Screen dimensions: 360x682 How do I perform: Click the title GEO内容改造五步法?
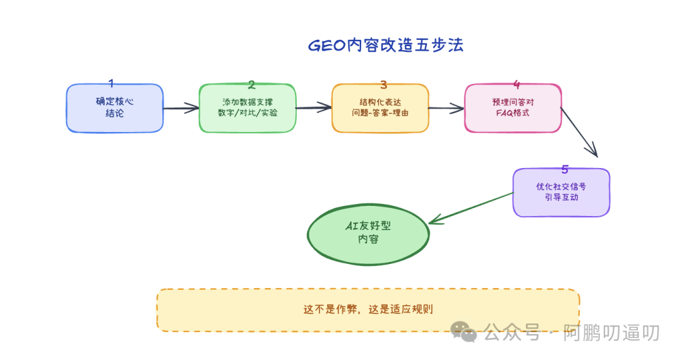[x=385, y=45]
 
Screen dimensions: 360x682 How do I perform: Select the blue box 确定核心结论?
[x=114, y=108]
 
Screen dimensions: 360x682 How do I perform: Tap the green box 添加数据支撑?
[x=247, y=108]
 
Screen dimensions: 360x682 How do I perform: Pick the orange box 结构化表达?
[x=380, y=108]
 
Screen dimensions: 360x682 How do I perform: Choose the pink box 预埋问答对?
[x=513, y=108]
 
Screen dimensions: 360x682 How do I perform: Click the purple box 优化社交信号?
[x=561, y=192]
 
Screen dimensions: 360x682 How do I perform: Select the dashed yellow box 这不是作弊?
[x=368, y=310]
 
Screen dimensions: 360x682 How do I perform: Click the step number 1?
[x=112, y=83]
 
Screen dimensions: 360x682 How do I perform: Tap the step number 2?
[x=251, y=84]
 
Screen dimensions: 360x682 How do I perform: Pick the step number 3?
[x=383, y=84]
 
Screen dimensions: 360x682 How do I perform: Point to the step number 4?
[x=517, y=84]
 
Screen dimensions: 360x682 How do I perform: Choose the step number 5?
[x=565, y=169]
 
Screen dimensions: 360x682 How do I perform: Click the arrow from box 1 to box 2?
[x=181, y=109]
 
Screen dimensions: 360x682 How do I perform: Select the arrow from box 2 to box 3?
[x=314, y=108]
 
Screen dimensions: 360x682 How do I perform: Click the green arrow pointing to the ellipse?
[x=471, y=207]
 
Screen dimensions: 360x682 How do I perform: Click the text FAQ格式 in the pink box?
[x=513, y=114]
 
